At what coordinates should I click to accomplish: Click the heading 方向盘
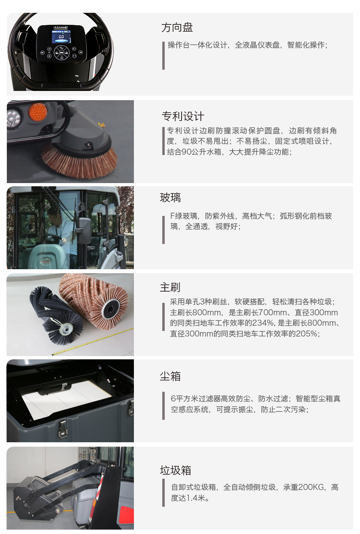(177, 28)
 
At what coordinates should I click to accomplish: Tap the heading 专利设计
(183, 116)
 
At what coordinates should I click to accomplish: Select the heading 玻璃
(170, 197)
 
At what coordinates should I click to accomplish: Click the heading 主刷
(170, 287)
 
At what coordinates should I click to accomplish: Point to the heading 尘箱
(170, 376)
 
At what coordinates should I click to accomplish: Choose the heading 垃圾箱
(176, 470)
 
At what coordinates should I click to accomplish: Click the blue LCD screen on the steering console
(61, 38)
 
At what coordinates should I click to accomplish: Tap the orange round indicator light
(38, 112)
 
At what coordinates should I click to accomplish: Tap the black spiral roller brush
(56, 315)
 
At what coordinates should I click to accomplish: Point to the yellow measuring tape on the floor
(93, 342)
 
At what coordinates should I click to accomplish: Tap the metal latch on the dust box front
(63, 429)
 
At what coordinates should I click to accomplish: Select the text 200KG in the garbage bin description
(311, 487)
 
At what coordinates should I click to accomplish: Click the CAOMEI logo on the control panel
(61, 28)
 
